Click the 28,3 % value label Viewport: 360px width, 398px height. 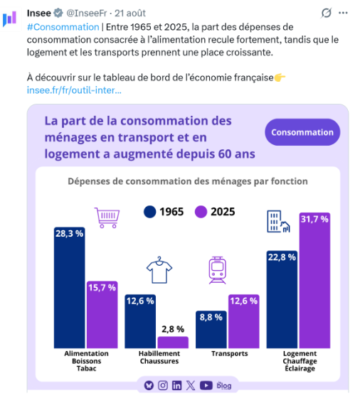click(69, 234)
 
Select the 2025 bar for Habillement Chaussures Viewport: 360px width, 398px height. click(173, 342)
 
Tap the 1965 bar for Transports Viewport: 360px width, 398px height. click(211, 330)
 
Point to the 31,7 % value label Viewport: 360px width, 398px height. click(314, 219)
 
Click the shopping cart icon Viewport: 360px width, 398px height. click(107, 217)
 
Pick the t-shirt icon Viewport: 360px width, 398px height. click(159, 270)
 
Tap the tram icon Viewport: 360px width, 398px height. click(217, 270)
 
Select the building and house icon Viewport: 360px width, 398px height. click(278, 221)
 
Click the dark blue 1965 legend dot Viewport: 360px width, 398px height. click(150, 212)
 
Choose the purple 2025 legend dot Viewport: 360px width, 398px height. click(201, 212)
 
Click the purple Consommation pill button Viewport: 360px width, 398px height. click(302, 132)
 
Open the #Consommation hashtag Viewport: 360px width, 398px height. click(63, 27)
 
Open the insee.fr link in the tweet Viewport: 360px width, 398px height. click(74, 90)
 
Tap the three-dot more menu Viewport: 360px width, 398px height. click(343, 13)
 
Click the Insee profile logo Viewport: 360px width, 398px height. click(10, 18)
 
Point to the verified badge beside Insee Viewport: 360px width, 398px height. click(58, 13)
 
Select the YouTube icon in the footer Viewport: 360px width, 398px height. click(206, 385)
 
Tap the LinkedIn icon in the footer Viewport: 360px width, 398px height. click(177, 385)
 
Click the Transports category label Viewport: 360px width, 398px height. click(230, 354)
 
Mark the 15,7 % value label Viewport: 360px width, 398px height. click(102, 288)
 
